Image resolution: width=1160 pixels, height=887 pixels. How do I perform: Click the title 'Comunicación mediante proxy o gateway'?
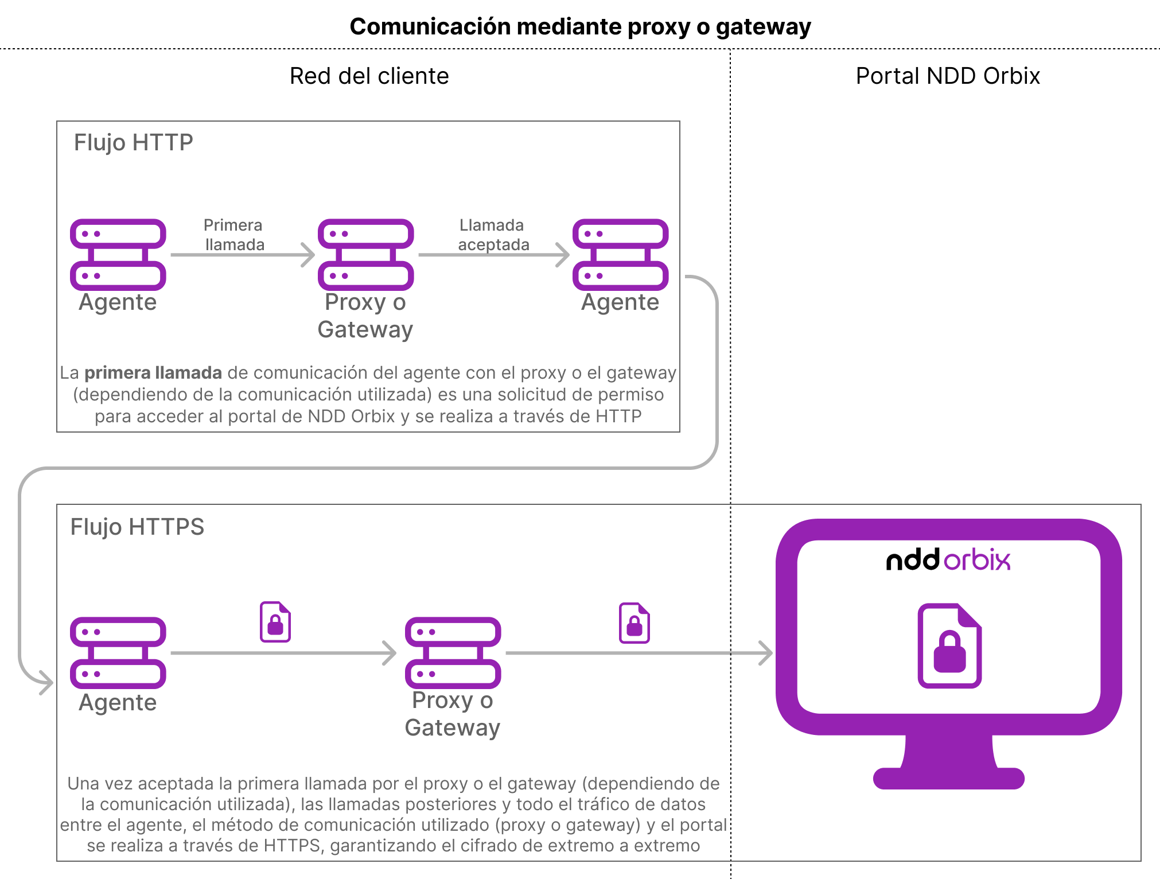tap(580, 26)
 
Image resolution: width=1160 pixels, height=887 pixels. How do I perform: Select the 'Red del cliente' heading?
tap(369, 76)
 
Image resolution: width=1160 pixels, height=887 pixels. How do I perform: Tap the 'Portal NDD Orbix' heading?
tap(947, 76)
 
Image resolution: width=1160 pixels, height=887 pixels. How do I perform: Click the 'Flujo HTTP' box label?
tap(133, 142)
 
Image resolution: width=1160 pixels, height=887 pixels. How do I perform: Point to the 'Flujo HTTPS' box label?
tap(137, 527)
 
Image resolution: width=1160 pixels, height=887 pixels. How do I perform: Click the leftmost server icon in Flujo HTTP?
tap(118, 254)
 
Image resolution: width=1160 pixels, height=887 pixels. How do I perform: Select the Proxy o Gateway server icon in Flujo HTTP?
tap(365, 254)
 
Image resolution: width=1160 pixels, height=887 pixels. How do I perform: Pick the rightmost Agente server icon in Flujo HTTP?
tap(620, 254)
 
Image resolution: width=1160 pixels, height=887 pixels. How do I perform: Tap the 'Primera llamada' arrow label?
tap(234, 235)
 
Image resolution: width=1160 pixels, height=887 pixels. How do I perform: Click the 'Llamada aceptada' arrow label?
tap(493, 235)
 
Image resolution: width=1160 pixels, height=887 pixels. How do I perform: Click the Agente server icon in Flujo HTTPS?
tap(118, 652)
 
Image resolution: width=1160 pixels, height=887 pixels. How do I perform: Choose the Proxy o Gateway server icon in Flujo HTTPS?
tap(453, 652)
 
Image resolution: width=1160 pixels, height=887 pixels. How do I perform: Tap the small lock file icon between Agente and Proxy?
tap(275, 621)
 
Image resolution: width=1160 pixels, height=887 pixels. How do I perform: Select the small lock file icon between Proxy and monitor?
tap(634, 623)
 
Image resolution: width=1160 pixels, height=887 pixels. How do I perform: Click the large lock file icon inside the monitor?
tap(949, 645)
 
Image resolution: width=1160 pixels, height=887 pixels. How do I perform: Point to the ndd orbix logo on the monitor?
tap(948, 560)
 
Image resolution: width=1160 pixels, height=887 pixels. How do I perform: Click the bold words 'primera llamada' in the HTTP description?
tap(153, 373)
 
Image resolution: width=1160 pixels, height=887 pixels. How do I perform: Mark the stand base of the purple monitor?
tap(948, 778)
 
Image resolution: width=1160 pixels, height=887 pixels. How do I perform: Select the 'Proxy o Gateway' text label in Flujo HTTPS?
tap(452, 714)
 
